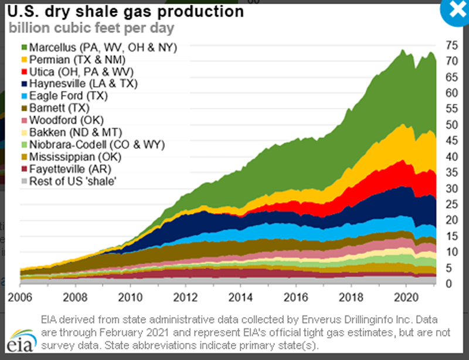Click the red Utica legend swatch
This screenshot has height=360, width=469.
tap(24, 72)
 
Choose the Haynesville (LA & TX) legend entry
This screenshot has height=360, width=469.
tap(86, 84)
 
